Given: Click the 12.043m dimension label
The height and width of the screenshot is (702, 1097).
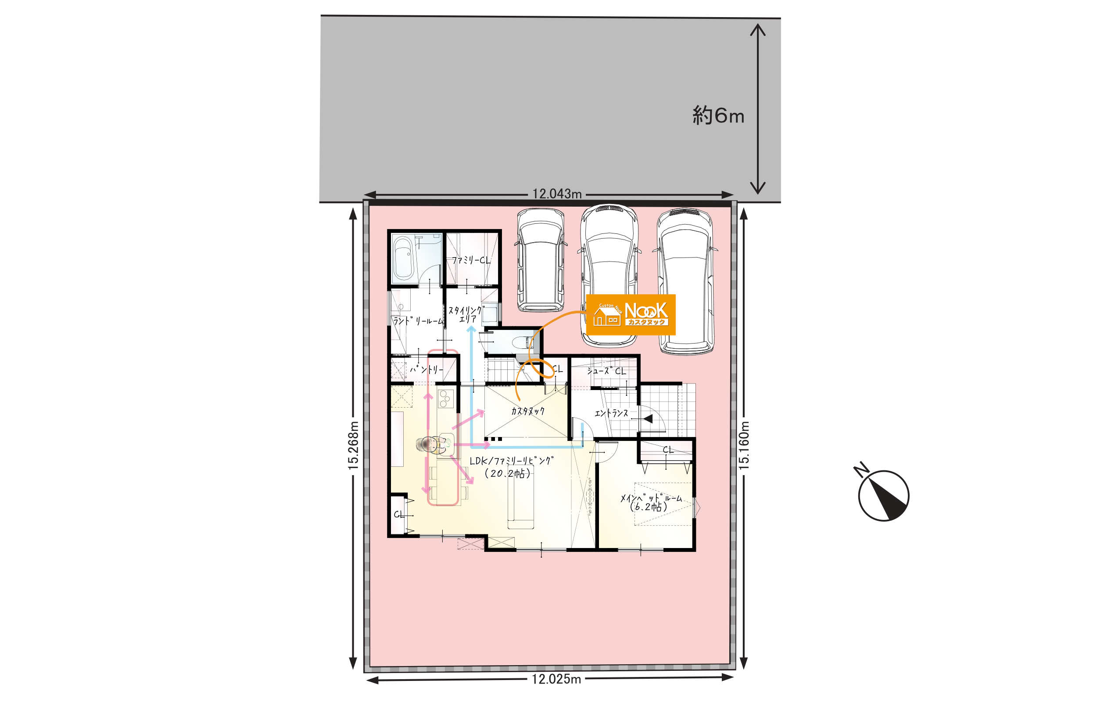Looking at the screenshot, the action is coord(557,194).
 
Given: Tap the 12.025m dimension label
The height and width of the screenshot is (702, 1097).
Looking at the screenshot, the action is coord(556,680).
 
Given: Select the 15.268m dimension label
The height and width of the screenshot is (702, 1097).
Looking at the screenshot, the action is coord(353,445).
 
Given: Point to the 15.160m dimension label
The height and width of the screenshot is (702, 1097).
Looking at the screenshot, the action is coord(744,445).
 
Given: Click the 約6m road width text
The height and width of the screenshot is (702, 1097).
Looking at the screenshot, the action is coord(718,115).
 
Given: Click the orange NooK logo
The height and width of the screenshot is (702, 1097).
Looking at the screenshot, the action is coord(631,315).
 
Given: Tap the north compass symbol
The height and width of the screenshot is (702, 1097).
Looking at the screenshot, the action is coord(882,493).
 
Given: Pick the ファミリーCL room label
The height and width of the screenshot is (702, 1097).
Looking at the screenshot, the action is coord(471,260).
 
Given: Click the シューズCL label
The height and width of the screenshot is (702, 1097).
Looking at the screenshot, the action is coord(606,371).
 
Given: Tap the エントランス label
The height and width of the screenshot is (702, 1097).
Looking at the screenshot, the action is coord(611,413).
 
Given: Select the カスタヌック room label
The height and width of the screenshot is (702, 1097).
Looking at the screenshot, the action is coord(528,411).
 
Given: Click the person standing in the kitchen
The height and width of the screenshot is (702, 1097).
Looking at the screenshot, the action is coord(433,445).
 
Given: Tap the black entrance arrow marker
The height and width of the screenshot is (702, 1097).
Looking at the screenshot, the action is coord(648,419).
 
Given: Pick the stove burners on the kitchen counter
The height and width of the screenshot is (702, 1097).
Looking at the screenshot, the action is coord(445,398).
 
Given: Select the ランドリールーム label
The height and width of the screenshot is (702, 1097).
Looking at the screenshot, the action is coord(418,321).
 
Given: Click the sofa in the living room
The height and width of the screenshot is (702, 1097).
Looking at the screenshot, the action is coord(520,497).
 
